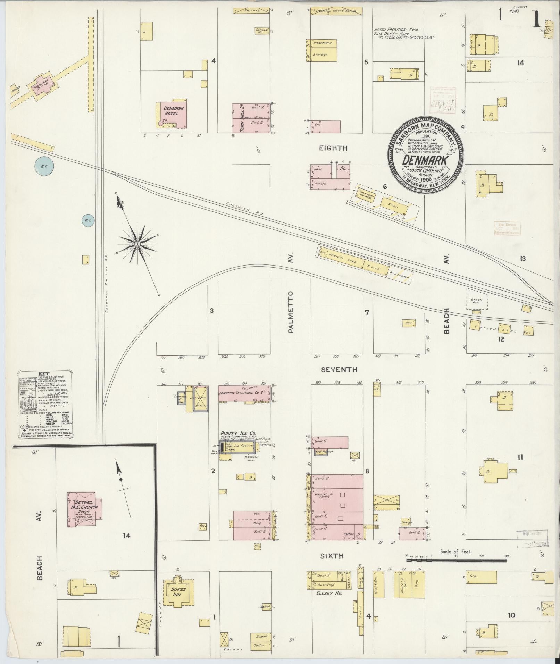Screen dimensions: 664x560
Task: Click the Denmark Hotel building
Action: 172,115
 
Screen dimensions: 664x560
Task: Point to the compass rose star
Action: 138,244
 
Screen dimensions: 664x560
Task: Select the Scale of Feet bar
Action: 457,556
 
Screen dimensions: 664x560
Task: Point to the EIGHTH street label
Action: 333,148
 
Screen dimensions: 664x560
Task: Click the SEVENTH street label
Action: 339,370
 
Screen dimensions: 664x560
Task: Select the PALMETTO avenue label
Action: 291,312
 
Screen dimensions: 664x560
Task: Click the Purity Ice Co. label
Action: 238,433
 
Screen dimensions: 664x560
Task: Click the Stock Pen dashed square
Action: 477,299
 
